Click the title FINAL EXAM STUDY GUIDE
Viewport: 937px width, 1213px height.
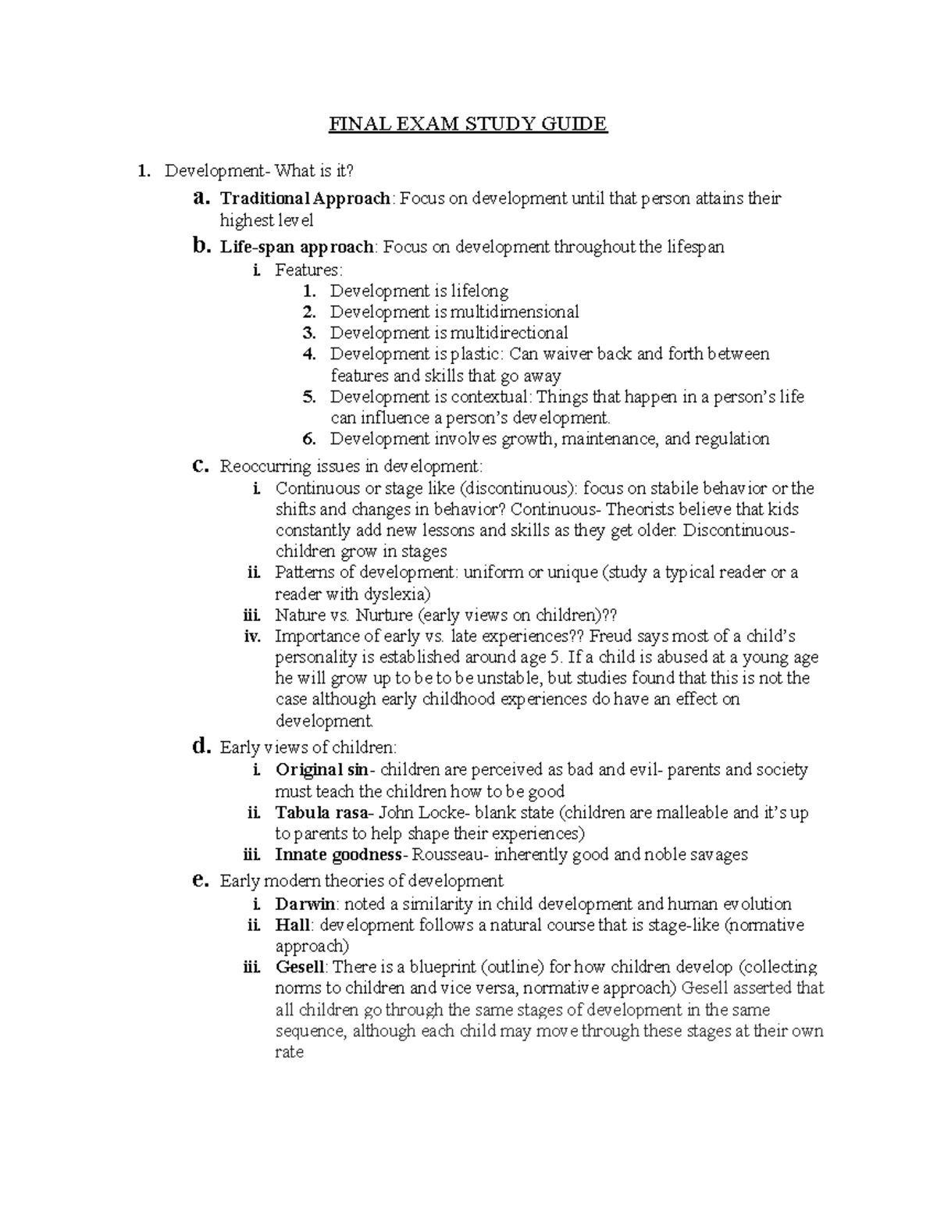coord(468,124)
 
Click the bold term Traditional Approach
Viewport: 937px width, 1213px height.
coord(305,199)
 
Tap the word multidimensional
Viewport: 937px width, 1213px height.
coord(515,312)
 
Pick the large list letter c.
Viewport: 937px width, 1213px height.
coord(200,466)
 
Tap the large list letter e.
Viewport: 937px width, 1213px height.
coord(200,880)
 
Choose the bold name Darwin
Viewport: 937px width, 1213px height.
coord(305,904)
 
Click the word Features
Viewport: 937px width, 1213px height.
coord(307,270)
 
